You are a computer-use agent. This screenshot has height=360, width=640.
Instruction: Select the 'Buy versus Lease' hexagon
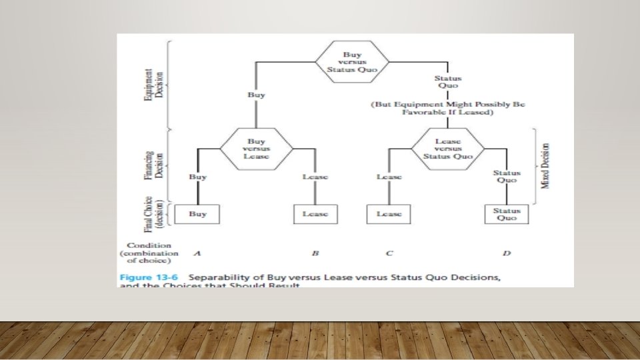(256, 149)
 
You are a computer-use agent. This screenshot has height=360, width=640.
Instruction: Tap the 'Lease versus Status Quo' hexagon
(447, 149)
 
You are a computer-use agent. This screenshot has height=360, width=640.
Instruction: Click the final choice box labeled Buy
(197, 214)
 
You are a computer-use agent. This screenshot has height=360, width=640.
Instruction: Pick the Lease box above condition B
(315, 214)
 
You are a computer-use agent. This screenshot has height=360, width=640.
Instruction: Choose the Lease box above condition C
(389, 214)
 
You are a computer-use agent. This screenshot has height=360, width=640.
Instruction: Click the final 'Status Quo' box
(506, 214)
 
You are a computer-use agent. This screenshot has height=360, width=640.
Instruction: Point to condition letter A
(197, 253)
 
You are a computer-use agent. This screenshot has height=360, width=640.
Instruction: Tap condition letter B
(315, 253)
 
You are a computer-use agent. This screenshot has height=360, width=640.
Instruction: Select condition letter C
(389, 253)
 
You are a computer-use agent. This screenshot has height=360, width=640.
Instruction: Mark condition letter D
(506, 253)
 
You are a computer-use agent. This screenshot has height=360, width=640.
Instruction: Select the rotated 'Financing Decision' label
(154, 165)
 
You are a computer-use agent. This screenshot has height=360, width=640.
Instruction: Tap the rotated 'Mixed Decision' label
(545, 165)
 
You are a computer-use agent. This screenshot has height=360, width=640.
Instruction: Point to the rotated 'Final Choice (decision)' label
(153, 213)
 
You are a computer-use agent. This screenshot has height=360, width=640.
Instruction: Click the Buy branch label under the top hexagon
(255, 95)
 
